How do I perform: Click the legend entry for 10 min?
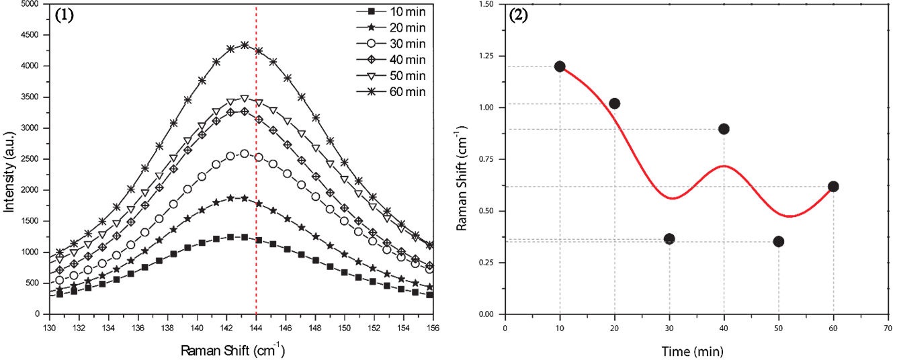click(389, 12)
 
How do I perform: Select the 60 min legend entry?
click(389, 92)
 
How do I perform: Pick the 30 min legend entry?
click(389, 44)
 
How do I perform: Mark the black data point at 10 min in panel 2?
click(560, 66)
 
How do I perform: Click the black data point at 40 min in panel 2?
click(724, 129)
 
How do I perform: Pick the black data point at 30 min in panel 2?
click(669, 239)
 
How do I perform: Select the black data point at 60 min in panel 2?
click(833, 187)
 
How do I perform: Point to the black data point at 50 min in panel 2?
click(779, 242)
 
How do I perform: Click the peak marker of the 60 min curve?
click(245, 46)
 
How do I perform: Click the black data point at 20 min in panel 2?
click(614, 103)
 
